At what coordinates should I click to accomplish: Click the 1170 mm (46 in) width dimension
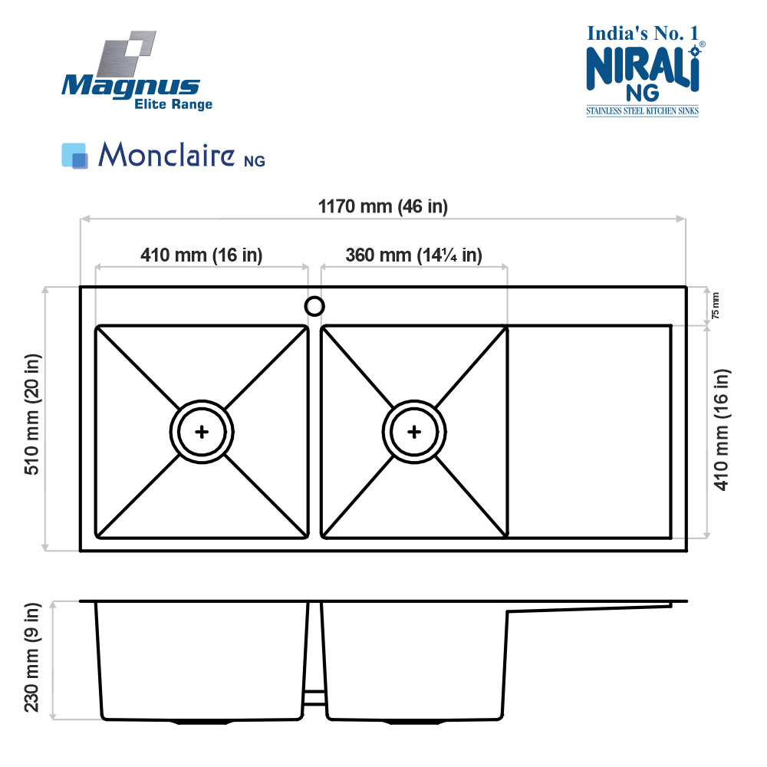click(383, 206)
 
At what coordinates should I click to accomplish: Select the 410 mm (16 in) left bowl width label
click(202, 255)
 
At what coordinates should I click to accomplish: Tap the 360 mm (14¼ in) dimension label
click(414, 255)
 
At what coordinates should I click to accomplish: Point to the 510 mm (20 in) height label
click(33, 414)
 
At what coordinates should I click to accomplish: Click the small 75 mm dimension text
click(715, 306)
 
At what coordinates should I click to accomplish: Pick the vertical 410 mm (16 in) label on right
click(722, 430)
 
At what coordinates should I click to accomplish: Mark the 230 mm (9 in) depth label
click(31, 657)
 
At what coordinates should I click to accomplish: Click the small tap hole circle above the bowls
click(314, 306)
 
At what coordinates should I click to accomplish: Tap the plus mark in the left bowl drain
click(202, 432)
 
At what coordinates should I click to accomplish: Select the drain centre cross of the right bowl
click(414, 432)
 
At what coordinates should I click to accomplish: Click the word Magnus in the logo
click(130, 87)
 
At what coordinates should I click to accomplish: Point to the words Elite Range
click(173, 104)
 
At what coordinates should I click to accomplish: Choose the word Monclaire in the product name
click(166, 154)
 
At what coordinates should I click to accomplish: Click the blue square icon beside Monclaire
click(74, 156)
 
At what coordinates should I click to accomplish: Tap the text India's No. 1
click(643, 33)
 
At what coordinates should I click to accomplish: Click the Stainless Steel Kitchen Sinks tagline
click(642, 111)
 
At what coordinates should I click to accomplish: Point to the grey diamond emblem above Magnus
click(127, 54)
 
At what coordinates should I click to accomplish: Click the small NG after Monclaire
click(255, 161)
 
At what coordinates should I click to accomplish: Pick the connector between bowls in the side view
click(314, 697)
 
